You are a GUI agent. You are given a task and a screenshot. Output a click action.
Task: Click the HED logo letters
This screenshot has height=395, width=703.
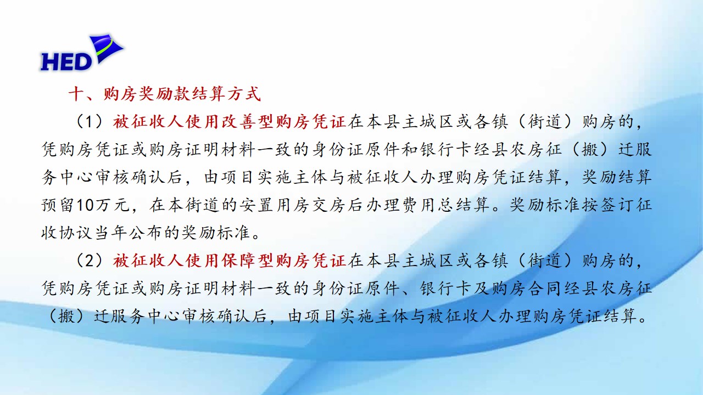66,62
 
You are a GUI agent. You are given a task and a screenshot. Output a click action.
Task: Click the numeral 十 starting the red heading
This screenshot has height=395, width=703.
76,94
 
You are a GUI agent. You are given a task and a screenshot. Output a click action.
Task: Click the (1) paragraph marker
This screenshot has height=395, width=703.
90,122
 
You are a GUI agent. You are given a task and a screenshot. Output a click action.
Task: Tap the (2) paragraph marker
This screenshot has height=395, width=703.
90,261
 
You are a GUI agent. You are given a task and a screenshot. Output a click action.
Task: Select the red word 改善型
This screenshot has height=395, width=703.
247,122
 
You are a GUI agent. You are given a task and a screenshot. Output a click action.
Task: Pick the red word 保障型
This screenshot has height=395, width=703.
247,261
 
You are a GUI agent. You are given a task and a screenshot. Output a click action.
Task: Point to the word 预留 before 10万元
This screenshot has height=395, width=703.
58,205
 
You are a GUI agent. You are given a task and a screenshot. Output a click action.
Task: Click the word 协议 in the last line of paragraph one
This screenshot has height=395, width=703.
76,233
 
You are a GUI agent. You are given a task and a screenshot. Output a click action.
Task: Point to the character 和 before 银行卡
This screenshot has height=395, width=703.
410,149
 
